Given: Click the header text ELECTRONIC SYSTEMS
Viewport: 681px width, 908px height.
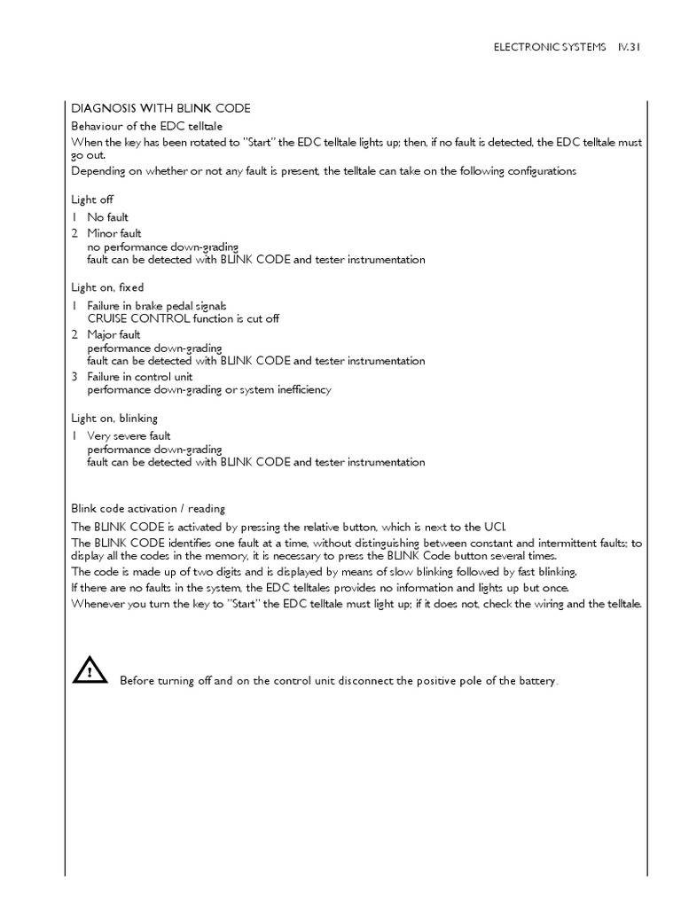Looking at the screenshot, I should click(x=548, y=48).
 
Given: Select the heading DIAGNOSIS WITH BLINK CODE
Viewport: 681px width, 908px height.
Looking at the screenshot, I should click(x=160, y=108).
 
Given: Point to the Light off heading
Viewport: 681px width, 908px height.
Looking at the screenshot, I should click(x=92, y=200).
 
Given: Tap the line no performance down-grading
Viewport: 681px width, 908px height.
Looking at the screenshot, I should click(x=162, y=247).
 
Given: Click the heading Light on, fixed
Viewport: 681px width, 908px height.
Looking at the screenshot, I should click(x=107, y=287).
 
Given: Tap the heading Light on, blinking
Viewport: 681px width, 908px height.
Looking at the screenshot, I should click(x=114, y=418).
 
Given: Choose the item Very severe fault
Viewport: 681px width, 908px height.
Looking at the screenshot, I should click(x=129, y=435).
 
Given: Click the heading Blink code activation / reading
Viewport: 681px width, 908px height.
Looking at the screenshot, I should click(x=148, y=508).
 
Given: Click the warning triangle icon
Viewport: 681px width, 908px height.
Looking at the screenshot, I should click(x=90, y=670).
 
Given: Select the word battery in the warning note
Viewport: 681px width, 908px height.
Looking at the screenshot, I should click(x=539, y=681).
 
